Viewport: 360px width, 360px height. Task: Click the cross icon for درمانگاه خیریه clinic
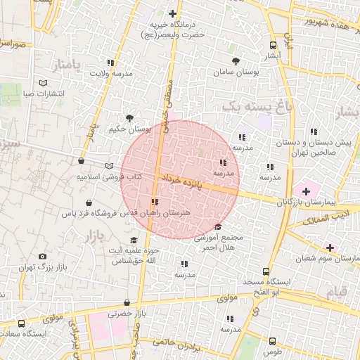pos(172,13)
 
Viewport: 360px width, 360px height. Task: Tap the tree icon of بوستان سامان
pos(235,61)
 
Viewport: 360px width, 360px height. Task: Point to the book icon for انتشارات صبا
pos(43,84)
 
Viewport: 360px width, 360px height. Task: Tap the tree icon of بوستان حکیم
pos(129,118)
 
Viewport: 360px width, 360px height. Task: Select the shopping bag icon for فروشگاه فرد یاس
pos(87,202)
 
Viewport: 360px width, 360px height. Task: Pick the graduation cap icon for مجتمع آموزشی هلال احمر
pos(217,226)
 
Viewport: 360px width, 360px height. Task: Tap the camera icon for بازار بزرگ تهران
pos(43,257)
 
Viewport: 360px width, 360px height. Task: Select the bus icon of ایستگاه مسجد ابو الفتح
pos(266,271)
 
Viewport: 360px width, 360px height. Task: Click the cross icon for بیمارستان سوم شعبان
pos(330,247)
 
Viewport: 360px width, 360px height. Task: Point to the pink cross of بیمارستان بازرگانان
pos(306,191)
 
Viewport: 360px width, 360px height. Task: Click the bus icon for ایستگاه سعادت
pos(21,324)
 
